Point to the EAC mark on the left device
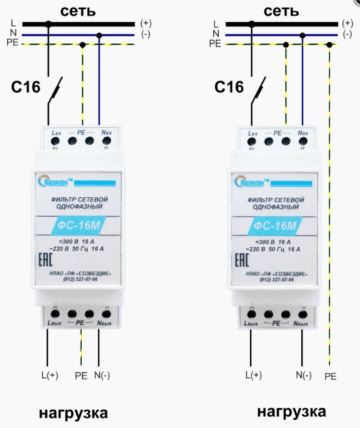pyautogui.click(x=44, y=260)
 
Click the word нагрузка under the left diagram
pyautogui.click(x=74, y=412)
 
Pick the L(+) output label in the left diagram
pyautogui.click(x=49, y=375)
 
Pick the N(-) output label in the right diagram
pyautogui.click(x=304, y=375)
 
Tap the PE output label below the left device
pyautogui.click(x=81, y=375)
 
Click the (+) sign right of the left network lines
pyautogui.click(x=146, y=24)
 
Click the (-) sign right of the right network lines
pyautogui.click(x=348, y=35)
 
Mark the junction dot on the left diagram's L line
pyautogui.click(x=48, y=24)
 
